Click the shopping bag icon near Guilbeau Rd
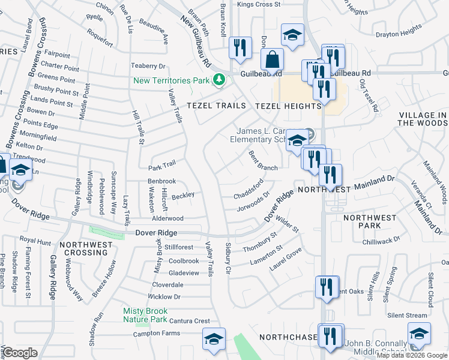[273, 61]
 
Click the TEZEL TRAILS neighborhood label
[216, 106]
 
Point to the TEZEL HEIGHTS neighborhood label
[288, 106]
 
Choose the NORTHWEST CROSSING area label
[86, 249]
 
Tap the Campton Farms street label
[156, 333]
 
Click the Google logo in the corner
[20, 353]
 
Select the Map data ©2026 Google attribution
[412, 355]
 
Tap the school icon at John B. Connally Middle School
[419, 333]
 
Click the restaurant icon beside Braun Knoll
[240, 47]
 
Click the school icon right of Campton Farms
[214, 339]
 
